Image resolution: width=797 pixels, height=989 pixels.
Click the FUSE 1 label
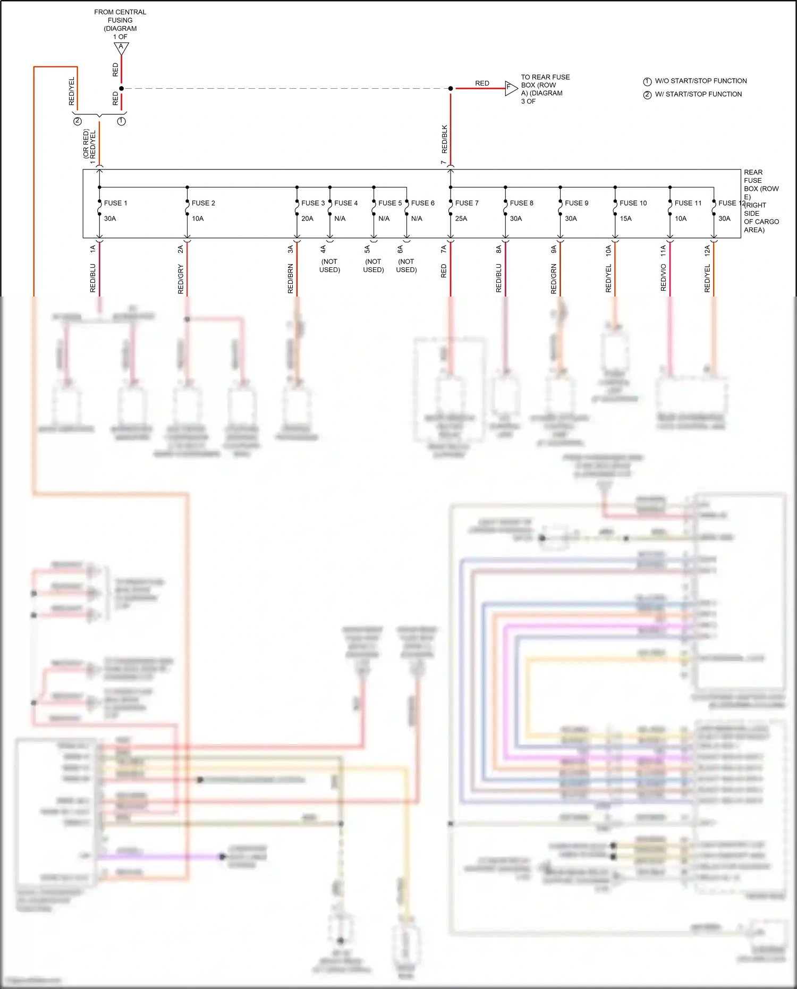115,203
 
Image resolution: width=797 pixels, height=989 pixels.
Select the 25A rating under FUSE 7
461,218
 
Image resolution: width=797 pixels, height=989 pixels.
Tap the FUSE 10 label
633,203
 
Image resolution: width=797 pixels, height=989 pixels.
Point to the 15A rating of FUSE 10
625,218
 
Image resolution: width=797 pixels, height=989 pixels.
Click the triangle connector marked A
121,48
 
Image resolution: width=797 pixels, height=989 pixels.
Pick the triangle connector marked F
510,88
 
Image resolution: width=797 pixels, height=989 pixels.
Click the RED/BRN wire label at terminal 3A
291,278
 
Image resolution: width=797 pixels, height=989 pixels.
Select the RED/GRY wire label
181,280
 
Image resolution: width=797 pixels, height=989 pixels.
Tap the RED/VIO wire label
663,277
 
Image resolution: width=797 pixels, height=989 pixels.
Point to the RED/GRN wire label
554,278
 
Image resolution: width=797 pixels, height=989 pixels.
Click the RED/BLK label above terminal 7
445,139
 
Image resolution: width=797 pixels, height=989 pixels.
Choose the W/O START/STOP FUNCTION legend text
700,81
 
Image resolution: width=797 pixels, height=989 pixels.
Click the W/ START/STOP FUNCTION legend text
698,94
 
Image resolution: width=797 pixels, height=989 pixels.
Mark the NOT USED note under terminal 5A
374,265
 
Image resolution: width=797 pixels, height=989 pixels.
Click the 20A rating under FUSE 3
307,218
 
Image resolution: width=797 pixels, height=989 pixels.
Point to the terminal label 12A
707,251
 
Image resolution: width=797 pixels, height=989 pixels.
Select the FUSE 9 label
576,203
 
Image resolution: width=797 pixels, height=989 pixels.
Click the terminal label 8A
499,249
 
